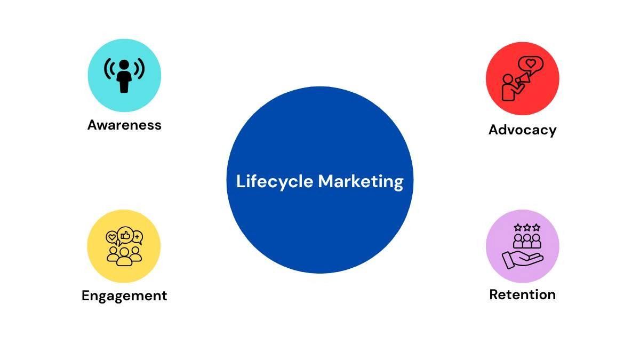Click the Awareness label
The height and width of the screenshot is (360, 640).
pos(124,125)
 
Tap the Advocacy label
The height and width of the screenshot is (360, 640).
pos(522,130)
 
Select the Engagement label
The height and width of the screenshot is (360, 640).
pos(124,295)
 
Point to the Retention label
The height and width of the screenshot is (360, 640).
pos(522,294)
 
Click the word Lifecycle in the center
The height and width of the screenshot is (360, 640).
pos(275,182)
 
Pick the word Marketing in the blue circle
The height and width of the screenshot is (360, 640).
pos(361,182)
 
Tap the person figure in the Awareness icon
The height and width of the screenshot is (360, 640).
pos(124,76)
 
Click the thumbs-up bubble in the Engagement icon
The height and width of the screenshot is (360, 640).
pos(125,234)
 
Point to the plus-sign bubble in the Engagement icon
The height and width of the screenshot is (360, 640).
pos(137,237)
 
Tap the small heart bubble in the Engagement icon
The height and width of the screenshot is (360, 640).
pos(112,237)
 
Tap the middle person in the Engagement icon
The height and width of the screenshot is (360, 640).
pos(124,255)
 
